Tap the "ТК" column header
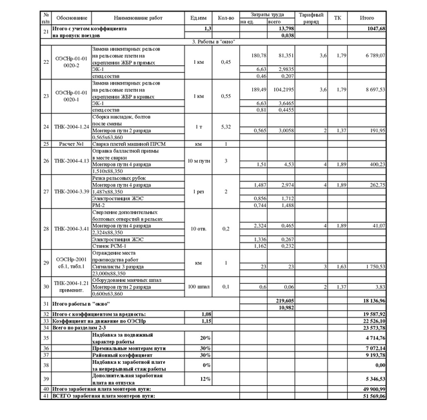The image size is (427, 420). [x=338, y=17]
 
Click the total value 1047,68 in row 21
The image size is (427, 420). [x=373, y=29]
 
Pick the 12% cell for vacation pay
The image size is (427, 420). [x=205, y=379]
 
